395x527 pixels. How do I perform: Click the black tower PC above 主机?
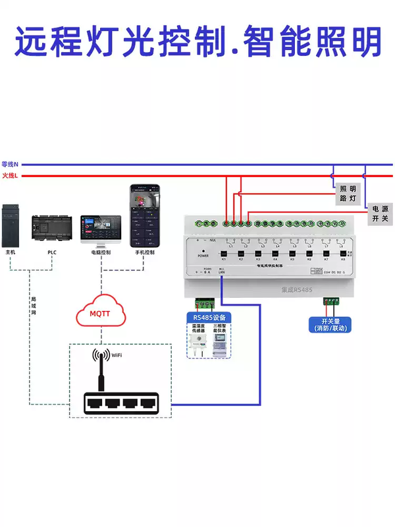click(x=11, y=225)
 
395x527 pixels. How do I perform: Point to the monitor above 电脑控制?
click(x=101, y=229)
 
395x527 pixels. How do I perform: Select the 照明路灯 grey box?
click(x=348, y=193)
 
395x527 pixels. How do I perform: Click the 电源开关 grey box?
click(x=380, y=213)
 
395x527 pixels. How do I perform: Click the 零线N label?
click(x=10, y=163)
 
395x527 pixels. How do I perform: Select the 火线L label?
click(x=10, y=175)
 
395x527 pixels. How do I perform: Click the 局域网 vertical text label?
click(x=33, y=305)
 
